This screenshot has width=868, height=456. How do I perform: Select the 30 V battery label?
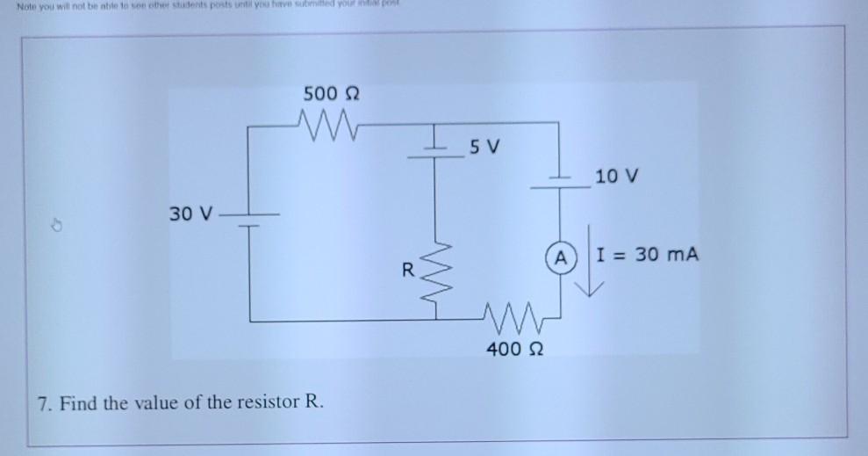[x=191, y=214]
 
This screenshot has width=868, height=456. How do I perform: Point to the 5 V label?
[x=484, y=144]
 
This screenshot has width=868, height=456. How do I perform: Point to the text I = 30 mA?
[x=647, y=256]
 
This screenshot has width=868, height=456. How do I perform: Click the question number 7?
[x=43, y=403]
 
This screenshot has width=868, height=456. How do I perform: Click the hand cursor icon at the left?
[x=54, y=226]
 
